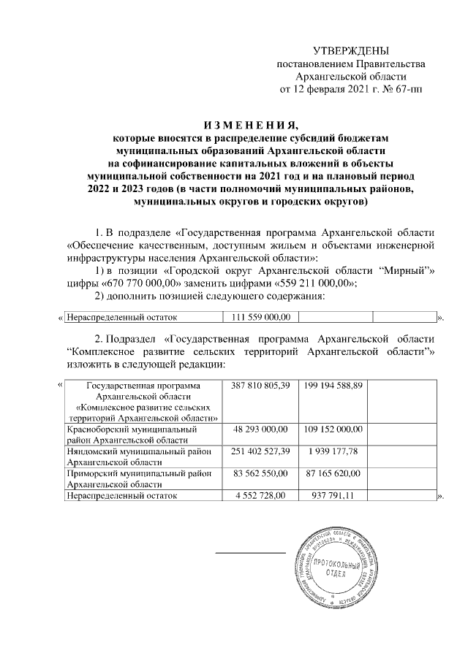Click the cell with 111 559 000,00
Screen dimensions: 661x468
(x=260, y=317)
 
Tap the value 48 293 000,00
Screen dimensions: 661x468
(x=260, y=429)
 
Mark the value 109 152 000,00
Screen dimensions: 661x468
(x=336, y=429)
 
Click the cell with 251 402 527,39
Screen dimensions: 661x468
(x=260, y=453)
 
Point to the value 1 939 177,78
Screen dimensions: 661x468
(x=336, y=453)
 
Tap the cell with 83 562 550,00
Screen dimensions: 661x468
(x=260, y=475)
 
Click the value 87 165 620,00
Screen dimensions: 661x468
(x=336, y=475)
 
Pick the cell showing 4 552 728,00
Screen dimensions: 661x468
(x=260, y=496)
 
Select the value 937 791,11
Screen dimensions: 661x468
(x=336, y=496)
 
